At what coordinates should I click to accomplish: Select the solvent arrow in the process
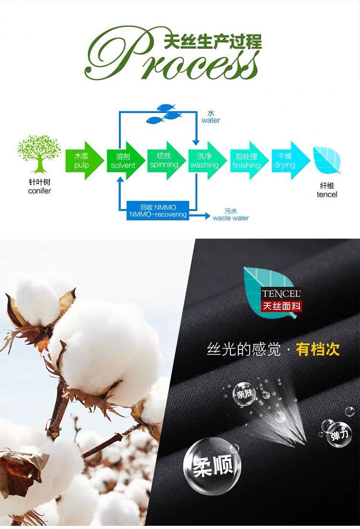point(125,161)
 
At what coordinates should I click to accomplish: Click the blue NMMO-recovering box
point(158,211)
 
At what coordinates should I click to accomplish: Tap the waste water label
point(231,215)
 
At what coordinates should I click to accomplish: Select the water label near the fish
point(211,117)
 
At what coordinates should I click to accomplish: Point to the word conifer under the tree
point(39,191)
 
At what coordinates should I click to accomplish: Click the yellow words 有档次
point(318,349)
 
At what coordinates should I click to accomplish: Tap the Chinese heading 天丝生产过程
point(213,42)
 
